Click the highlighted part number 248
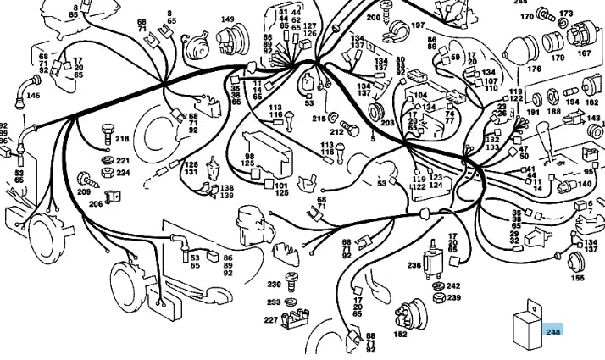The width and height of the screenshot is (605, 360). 553,331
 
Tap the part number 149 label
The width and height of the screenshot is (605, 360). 228,19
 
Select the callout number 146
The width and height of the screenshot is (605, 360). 33,96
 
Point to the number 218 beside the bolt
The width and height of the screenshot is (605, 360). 123,139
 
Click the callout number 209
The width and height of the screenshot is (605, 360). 83,192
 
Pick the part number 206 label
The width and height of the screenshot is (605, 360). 96,204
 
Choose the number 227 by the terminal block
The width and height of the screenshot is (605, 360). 271,319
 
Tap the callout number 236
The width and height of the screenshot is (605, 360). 414,265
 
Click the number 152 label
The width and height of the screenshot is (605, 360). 400,335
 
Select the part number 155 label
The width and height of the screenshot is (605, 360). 577,277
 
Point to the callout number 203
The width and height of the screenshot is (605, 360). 388,124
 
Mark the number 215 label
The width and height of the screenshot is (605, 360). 319,119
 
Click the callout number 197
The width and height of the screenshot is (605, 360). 418,25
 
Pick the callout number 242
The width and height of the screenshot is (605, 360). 454,286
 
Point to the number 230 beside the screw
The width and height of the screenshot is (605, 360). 274,285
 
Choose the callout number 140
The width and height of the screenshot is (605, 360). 585,184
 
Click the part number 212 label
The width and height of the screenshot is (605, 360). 336,132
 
